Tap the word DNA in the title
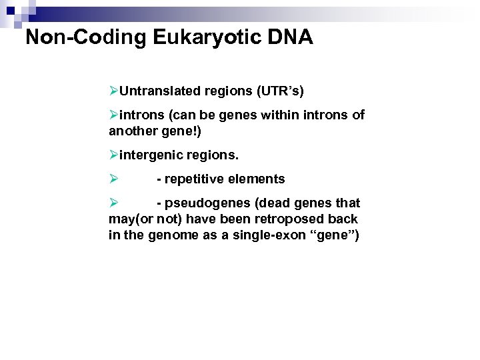point(290,37)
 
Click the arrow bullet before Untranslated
point(114,91)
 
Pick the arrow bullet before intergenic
point(114,155)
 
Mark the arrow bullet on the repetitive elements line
point(114,179)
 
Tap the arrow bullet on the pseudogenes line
point(114,203)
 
